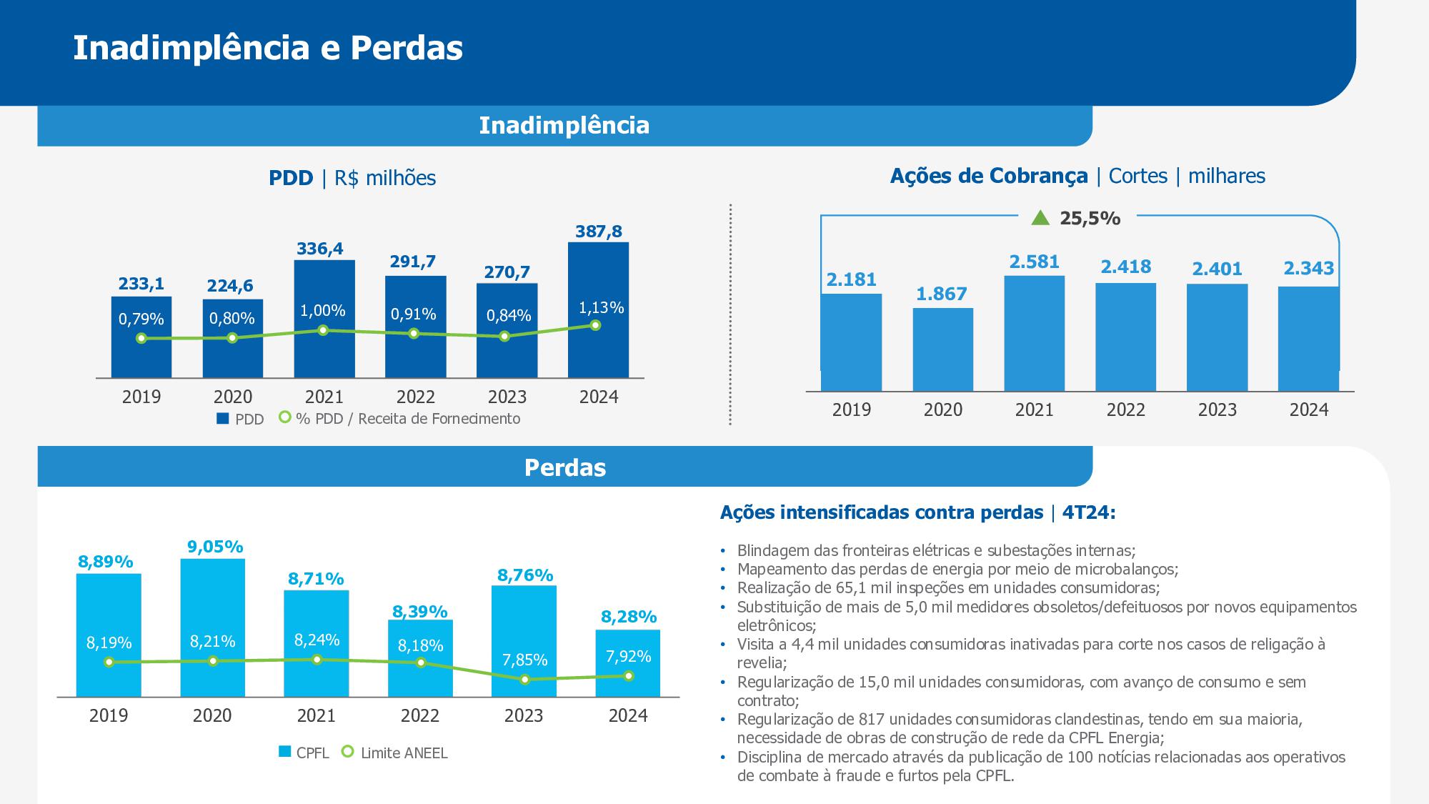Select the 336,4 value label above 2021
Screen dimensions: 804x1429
point(320,249)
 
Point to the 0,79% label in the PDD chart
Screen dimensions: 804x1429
point(141,319)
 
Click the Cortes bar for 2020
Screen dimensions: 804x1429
point(942,349)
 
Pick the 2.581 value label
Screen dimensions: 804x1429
point(1034,262)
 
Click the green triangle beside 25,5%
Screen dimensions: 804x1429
point(1041,217)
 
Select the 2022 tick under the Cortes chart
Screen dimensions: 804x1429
point(1125,410)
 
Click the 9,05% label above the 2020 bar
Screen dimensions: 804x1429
point(215,547)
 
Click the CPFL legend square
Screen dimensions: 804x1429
point(284,752)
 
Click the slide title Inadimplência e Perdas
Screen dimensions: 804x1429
point(268,48)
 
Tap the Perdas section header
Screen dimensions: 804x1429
point(564,467)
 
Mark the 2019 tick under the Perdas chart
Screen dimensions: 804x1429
point(109,715)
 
